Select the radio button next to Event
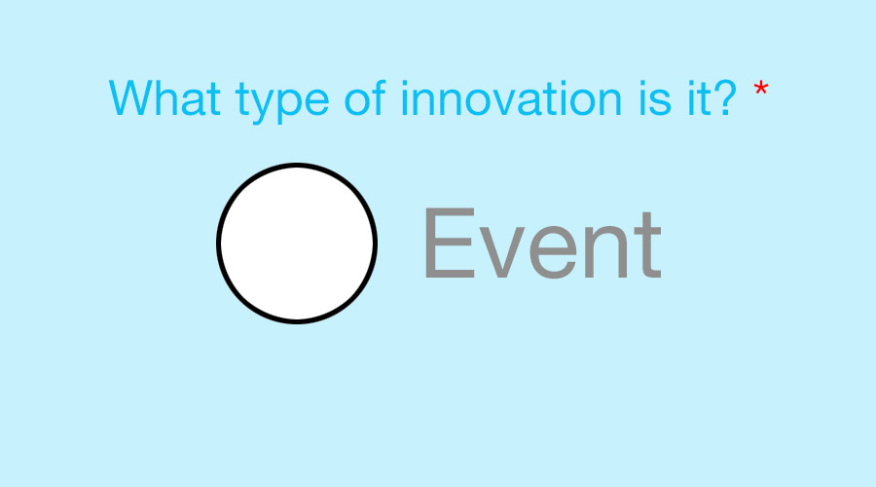(297, 243)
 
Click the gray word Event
(543, 243)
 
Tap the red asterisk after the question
(760, 89)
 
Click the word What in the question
(164, 97)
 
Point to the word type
(282, 100)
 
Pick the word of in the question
(365, 97)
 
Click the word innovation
(511, 97)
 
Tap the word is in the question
(655, 98)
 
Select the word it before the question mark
(697, 98)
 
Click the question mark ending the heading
(723, 97)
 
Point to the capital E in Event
(450, 243)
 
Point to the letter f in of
(380, 97)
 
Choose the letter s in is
(660, 103)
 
